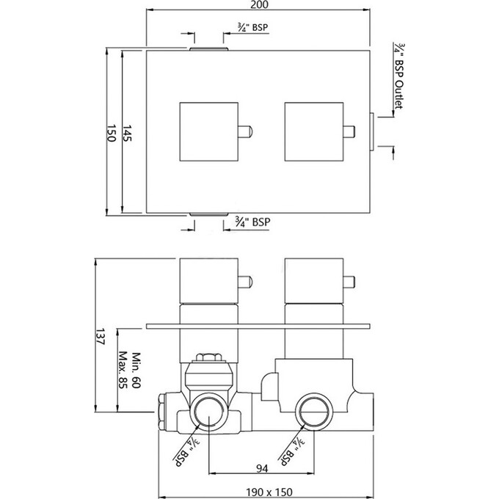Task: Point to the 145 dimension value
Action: click(128, 133)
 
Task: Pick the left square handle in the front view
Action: click(209, 133)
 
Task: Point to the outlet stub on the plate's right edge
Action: click(373, 133)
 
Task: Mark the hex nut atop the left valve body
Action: click(210, 360)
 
